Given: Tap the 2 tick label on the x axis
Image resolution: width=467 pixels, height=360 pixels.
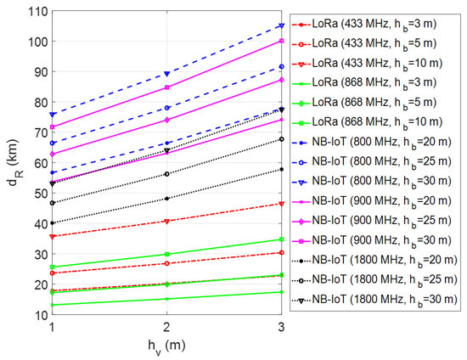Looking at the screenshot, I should point(166,327).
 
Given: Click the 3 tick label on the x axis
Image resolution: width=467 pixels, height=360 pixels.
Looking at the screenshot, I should point(281,327).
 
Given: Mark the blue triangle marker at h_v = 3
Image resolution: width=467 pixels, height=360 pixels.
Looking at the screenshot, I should point(281,25).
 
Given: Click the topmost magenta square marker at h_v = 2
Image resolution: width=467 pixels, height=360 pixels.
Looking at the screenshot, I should point(166,87).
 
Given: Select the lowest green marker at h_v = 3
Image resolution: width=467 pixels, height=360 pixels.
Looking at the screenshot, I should point(281,292).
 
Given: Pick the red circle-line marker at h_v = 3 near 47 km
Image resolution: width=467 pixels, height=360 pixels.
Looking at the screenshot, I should point(281,204).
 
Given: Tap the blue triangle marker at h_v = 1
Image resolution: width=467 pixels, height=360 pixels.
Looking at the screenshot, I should point(53,114).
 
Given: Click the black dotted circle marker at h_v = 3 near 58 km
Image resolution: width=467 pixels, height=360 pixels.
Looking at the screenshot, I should point(281,169).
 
